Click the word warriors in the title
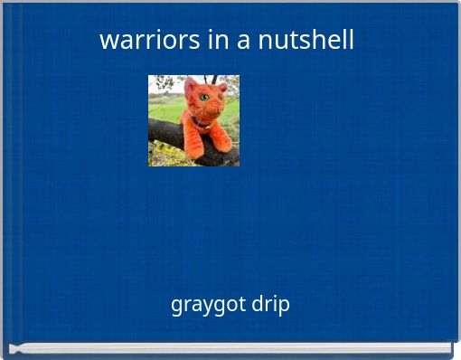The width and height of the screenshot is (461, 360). [x=138, y=41]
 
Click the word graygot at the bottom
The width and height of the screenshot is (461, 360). [x=208, y=305]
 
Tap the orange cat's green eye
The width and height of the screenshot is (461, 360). [x=205, y=97]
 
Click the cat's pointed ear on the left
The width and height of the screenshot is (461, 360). [x=191, y=85]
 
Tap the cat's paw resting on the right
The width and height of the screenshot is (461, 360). [x=222, y=143]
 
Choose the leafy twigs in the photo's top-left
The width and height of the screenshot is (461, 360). [x=161, y=84]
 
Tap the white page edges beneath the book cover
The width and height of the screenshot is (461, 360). [x=230, y=348]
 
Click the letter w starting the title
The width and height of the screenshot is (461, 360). [x=107, y=41]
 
